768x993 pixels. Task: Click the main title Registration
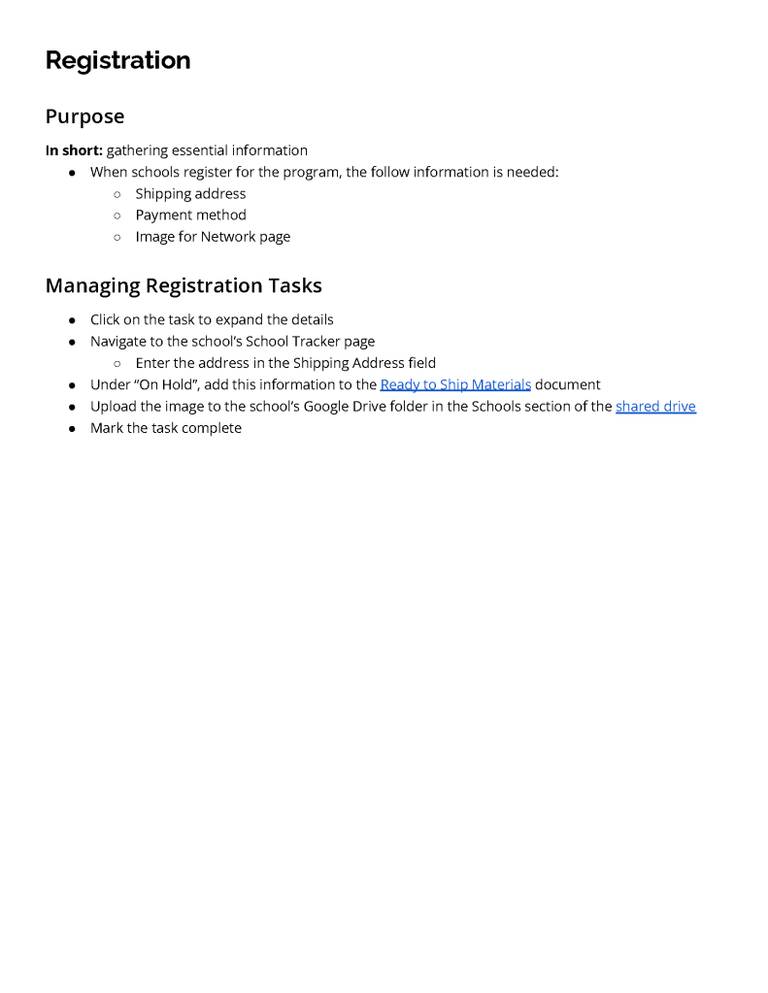pos(117,60)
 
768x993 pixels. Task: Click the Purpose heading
pos(84,116)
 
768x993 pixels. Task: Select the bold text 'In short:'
pos(74,150)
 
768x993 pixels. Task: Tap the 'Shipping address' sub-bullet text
pos(190,193)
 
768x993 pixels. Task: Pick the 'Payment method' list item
pos(190,215)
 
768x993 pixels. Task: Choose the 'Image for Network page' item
pos(213,236)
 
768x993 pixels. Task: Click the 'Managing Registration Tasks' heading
pos(184,285)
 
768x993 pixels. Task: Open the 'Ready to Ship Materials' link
pos(455,384)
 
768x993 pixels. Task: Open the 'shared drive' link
pos(655,406)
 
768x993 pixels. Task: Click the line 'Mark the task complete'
pos(166,428)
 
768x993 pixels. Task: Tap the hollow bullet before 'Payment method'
pos(117,215)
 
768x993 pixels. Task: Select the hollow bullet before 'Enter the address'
pos(117,363)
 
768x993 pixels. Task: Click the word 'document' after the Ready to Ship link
pos(568,384)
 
